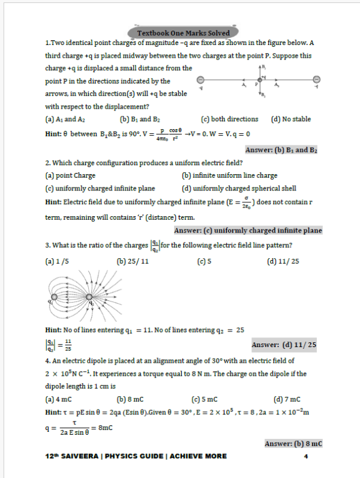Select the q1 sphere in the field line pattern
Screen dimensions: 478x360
pyautogui.click(x=55, y=297)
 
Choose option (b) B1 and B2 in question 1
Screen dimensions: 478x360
pyautogui.click(x=140, y=119)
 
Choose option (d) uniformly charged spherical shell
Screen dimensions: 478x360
pyautogui.click(x=239, y=188)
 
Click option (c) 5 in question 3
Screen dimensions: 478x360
pyautogui.click(x=203, y=262)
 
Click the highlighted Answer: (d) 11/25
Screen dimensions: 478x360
pyautogui.click(x=284, y=345)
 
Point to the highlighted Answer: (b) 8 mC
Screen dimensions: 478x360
pyautogui.click(x=293, y=443)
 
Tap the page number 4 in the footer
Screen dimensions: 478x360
pyautogui.click(x=305, y=456)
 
